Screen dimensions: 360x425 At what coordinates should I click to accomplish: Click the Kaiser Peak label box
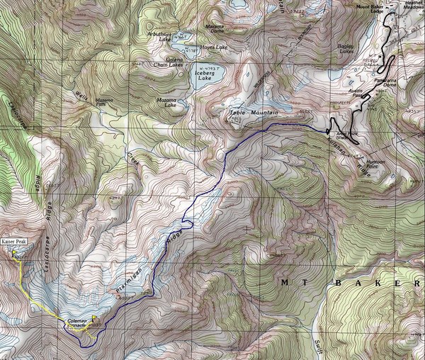(15, 242)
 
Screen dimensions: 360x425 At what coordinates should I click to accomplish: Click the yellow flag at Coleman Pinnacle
(94, 317)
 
